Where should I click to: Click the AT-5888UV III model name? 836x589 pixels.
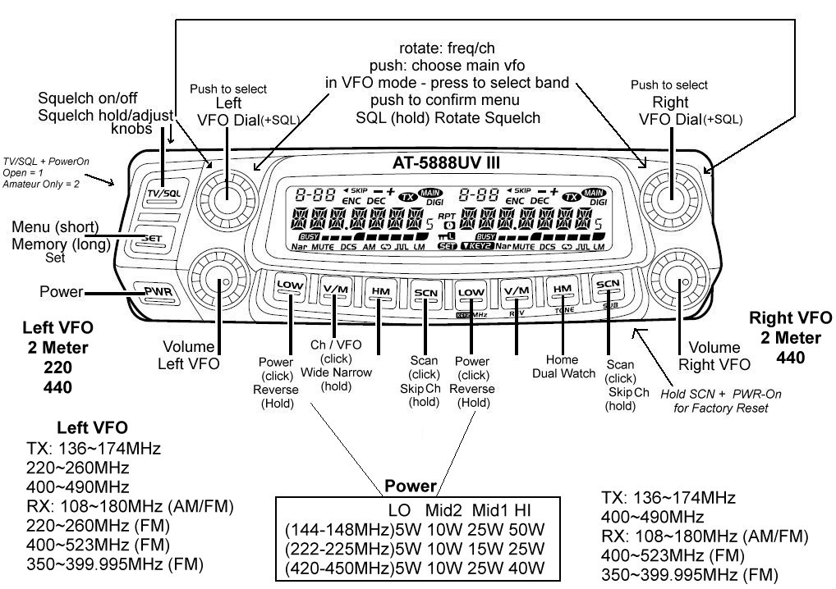point(446,162)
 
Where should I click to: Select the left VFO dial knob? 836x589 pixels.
point(223,194)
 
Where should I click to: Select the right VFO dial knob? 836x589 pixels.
point(669,196)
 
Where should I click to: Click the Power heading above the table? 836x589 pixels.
point(411,486)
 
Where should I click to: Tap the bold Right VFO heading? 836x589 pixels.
point(791,317)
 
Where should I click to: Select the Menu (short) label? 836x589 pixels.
point(55,226)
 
